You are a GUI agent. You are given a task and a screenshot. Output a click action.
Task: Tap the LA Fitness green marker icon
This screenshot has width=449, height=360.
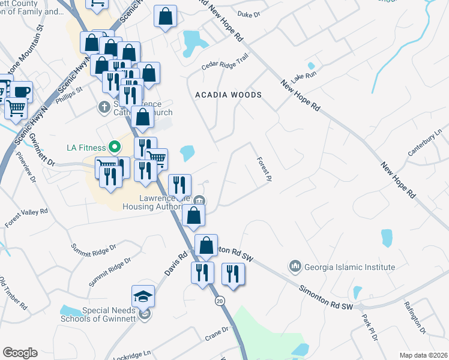coord(113,147)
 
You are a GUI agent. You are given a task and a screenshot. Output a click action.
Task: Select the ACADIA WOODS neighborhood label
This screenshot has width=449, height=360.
coord(229,95)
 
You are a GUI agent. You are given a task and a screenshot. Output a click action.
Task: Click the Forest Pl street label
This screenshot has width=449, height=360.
coord(264,169)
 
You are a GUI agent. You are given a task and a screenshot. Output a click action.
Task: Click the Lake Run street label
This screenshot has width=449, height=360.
coord(303,77)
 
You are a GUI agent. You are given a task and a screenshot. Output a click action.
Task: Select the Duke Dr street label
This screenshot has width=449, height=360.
coord(249,13)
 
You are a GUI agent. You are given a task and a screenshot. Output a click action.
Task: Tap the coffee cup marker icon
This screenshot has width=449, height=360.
coord(21,92)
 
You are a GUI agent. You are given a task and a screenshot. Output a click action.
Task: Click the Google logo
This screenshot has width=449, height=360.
coord(20,352)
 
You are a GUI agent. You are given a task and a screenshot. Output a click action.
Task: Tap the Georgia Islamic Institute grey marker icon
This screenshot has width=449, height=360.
coord(294,265)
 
